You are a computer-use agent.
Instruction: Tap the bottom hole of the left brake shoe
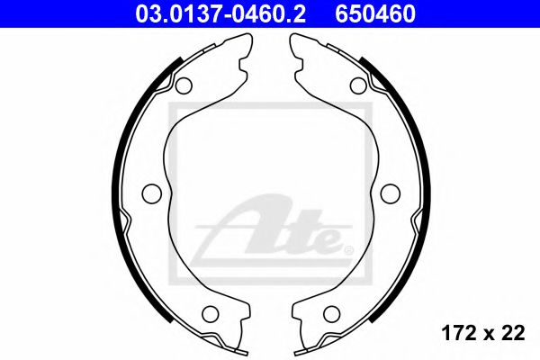point(211,314)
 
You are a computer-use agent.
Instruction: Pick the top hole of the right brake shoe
point(357,85)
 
